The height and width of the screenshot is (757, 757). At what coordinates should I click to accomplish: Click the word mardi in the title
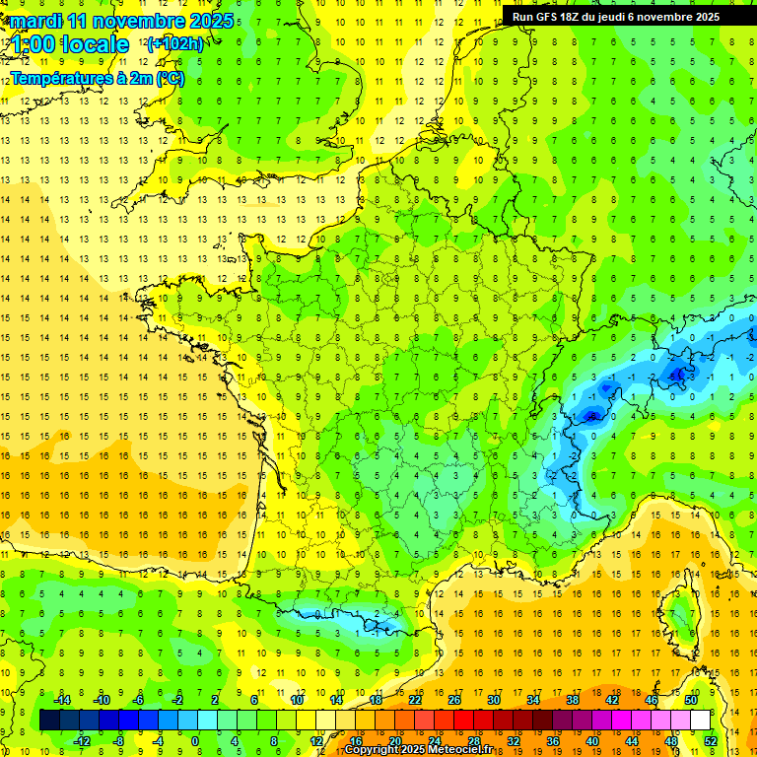(37, 21)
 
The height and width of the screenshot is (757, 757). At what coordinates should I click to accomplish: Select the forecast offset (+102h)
(174, 43)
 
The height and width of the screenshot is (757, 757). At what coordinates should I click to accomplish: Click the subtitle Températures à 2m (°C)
(97, 79)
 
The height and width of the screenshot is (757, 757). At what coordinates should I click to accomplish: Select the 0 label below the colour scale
(195, 741)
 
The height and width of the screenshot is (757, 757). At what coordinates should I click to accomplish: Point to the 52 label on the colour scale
(711, 741)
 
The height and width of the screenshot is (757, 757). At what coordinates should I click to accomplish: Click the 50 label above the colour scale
(691, 700)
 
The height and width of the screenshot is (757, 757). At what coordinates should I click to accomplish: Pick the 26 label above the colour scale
(454, 700)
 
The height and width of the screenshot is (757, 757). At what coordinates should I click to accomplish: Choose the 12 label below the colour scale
(316, 741)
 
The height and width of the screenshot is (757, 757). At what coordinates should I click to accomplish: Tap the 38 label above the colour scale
(573, 700)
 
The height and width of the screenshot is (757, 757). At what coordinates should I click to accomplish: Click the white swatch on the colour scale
(701, 721)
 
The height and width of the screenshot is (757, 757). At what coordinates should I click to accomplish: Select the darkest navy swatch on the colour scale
(49, 721)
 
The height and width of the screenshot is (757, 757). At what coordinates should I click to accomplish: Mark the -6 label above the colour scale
(138, 700)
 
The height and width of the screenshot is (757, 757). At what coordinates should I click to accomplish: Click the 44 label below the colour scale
(632, 741)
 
